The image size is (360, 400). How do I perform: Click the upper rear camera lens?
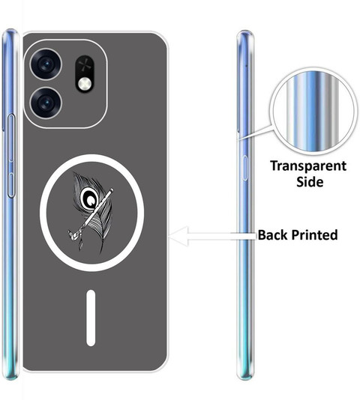(46, 64)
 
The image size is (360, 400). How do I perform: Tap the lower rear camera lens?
(46, 103)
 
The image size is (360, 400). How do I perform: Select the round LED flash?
(85, 84)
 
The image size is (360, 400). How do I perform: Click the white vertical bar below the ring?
(91, 318)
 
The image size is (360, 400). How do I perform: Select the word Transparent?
(308, 166)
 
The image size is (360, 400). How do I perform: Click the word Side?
(310, 182)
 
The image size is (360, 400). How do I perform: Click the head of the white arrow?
(178, 236)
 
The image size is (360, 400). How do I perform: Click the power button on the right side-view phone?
(245, 168)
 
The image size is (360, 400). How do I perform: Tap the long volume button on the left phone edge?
(11, 138)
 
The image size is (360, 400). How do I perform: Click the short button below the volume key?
(11, 185)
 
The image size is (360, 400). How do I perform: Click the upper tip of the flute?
(112, 190)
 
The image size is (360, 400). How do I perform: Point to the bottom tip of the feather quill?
(102, 252)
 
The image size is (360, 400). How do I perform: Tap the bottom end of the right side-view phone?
(245, 377)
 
